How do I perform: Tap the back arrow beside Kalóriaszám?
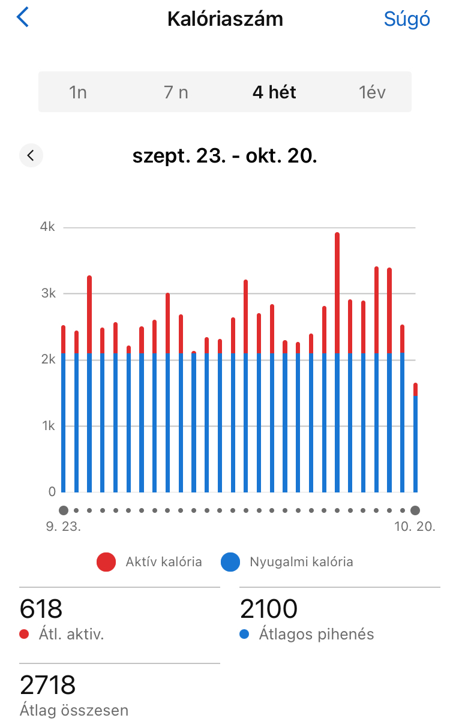tap(23, 18)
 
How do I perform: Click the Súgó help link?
tap(407, 19)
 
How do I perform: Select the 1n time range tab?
tap(78, 92)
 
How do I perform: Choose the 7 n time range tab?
tap(176, 92)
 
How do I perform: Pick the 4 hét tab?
tap(274, 92)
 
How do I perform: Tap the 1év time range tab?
tap(372, 92)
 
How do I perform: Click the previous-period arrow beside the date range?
tap(31, 156)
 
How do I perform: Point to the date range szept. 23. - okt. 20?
tap(224, 157)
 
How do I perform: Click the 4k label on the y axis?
tap(47, 227)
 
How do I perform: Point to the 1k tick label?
tap(48, 426)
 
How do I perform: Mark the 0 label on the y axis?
tap(52, 492)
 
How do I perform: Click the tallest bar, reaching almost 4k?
tap(337, 360)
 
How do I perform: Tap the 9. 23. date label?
tap(63, 527)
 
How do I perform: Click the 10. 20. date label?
tap(415, 527)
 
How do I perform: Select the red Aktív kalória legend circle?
tap(106, 562)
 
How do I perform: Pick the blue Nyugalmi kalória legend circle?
tap(230, 562)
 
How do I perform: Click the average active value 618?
tap(41, 609)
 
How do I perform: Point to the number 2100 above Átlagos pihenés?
tap(269, 609)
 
